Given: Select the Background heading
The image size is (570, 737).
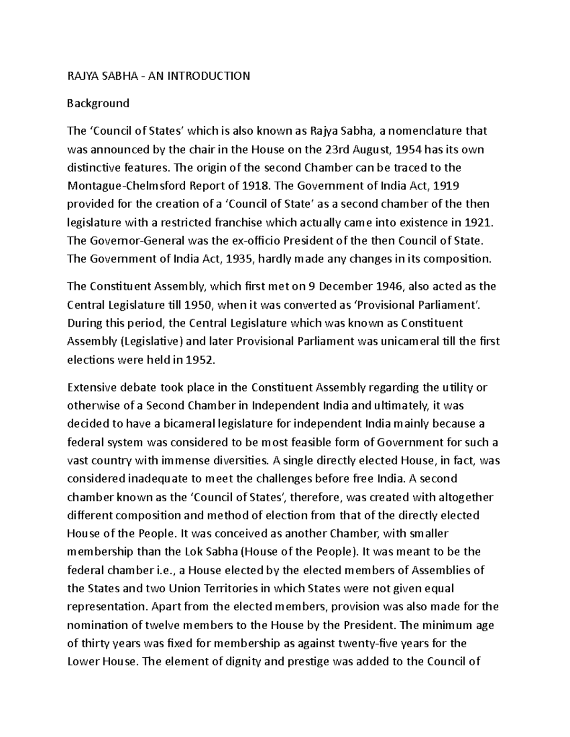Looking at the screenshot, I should click(98, 103).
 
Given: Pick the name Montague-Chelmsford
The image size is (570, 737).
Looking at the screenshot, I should click(126, 186).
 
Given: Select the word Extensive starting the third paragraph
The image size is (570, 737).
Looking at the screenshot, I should click(89, 388).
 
